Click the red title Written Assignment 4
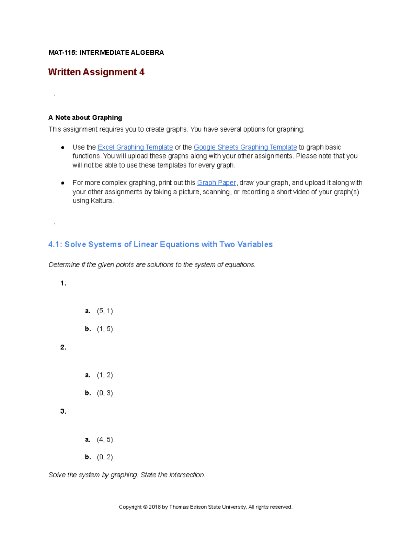(96, 72)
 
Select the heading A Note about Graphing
(85, 118)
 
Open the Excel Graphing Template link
(135, 147)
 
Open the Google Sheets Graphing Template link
(245, 147)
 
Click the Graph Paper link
(216, 183)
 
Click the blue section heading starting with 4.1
(160, 244)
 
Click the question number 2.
(63, 347)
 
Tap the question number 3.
(63, 411)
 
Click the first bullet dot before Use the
(62, 148)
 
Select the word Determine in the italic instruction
(64, 265)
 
